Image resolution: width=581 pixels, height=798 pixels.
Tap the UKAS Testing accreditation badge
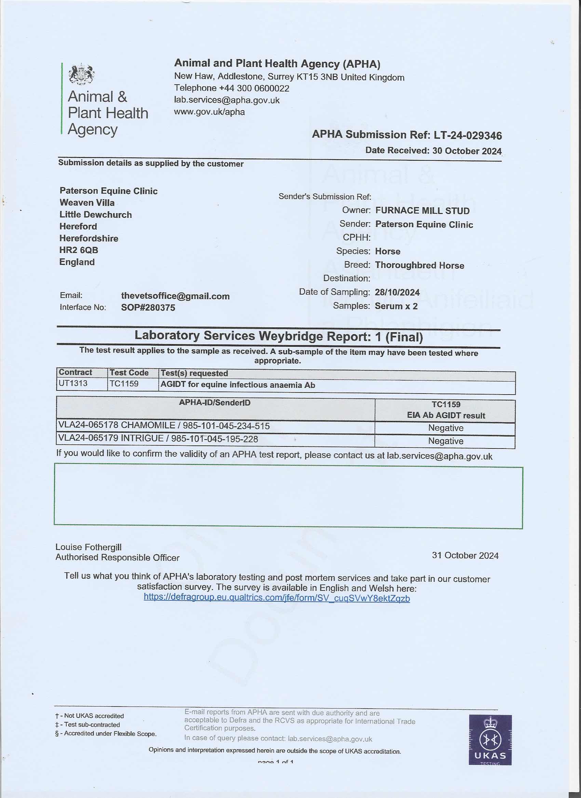pyautogui.click(x=490, y=740)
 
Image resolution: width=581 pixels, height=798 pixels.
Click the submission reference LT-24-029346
pyautogui.click(x=468, y=136)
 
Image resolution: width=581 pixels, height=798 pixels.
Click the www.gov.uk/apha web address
pyautogui.click(x=209, y=112)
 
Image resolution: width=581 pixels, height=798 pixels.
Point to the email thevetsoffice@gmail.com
pyautogui.click(x=175, y=296)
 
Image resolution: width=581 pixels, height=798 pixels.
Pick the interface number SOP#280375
pyautogui.click(x=148, y=308)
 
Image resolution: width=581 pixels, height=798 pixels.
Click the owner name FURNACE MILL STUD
pyautogui.click(x=422, y=211)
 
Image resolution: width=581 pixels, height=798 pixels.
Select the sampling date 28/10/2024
pyautogui.click(x=397, y=293)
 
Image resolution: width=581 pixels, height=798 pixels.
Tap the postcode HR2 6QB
pyautogui.click(x=79, y=250)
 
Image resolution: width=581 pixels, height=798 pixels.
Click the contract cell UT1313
pyautogui.click(x=73, y=383)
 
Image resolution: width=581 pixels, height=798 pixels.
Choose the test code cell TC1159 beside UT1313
pyautogui.click(x=124, y=384)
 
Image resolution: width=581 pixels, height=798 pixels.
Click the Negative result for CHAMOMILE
pyautogui.click(x=445, y=428)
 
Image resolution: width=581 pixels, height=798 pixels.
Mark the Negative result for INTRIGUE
pyautogui.click(x=445, y=441)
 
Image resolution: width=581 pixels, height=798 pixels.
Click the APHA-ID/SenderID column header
pyautogui.click(x=215, y=402)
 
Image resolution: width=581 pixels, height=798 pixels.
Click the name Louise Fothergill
pyautogui.click(x=89, y=547)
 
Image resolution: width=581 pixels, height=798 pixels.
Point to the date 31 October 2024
pyautogui.click(x=465, y=555)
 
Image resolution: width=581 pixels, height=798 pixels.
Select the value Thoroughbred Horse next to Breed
pyautogui.click(x=419, y=265)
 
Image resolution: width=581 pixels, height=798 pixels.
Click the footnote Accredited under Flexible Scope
pyautogui.click(x=108, y=734)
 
